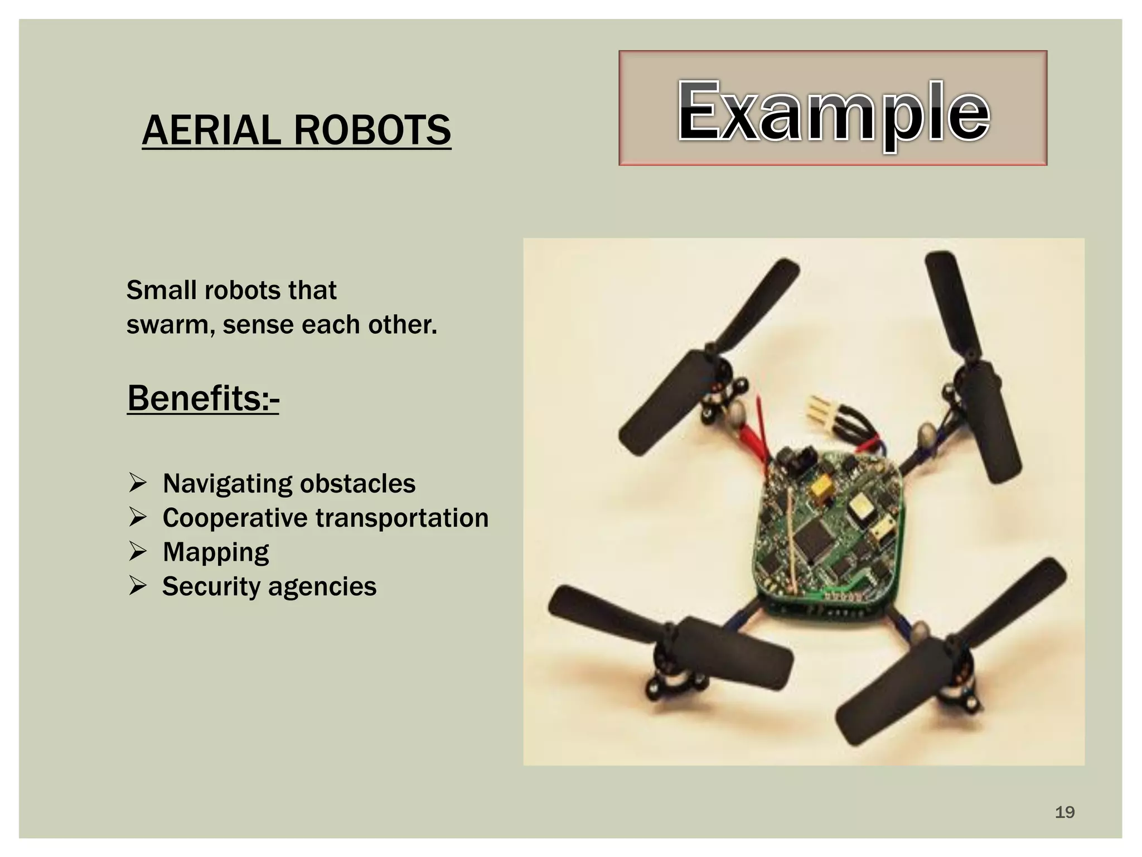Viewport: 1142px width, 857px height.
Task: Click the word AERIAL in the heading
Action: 211,130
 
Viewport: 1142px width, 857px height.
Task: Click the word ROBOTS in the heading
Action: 372,130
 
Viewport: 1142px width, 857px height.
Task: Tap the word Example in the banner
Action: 833,112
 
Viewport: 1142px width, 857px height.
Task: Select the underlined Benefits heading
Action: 203,398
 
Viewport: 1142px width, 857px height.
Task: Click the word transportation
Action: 402,518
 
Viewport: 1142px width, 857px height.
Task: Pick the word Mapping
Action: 216,552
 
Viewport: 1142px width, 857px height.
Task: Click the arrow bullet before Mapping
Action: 137,551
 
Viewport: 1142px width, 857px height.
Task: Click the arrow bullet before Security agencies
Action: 137,586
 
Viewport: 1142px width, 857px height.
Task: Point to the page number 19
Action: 1064,812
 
